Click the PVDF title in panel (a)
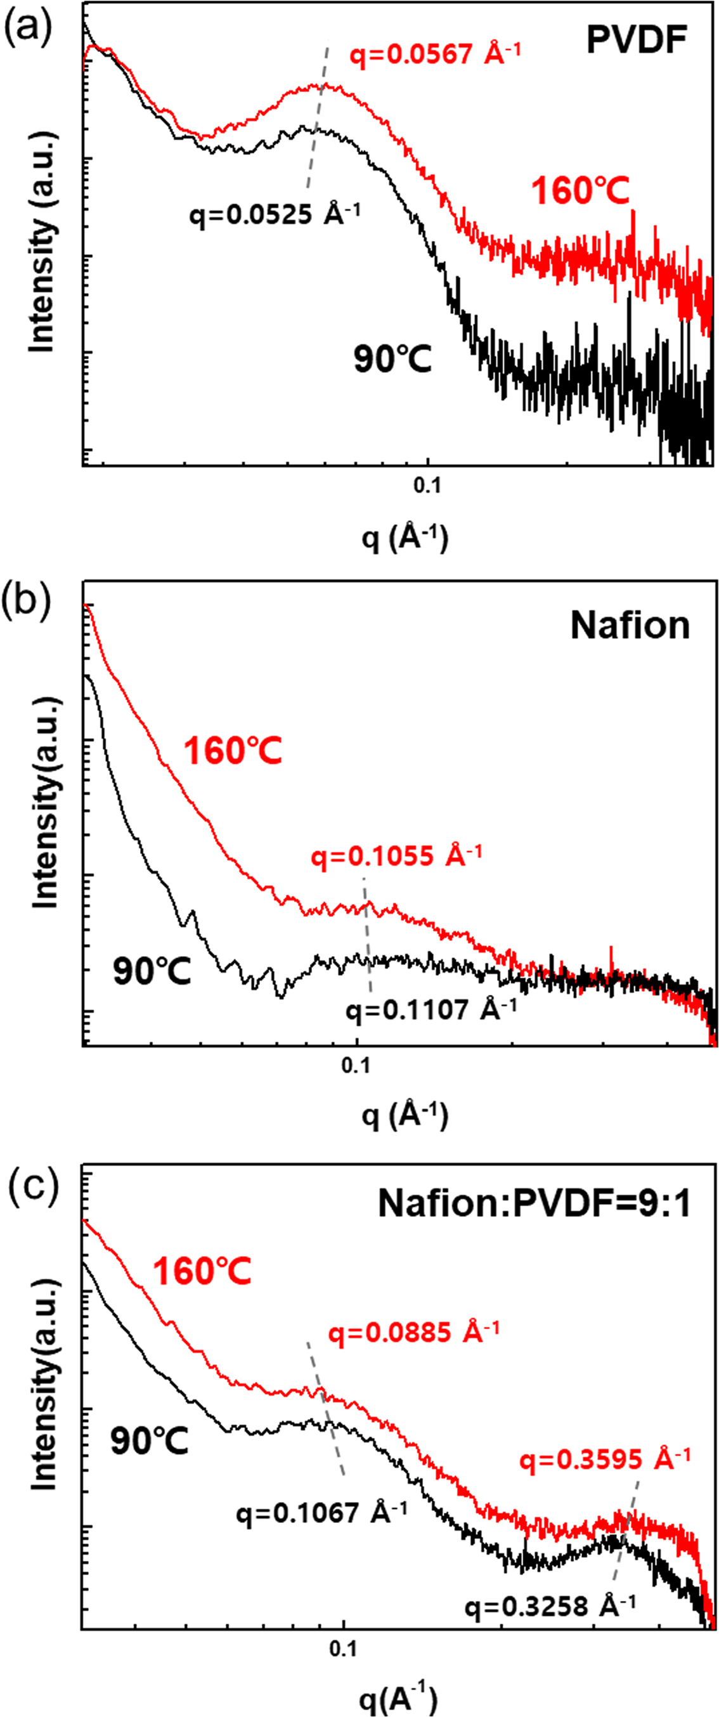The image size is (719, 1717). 636,39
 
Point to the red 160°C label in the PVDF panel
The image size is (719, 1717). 580,191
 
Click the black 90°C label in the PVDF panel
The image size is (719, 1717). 392,360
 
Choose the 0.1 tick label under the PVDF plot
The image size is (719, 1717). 427,485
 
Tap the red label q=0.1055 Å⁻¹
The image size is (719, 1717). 396,856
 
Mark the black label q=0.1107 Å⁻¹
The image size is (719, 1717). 431,1010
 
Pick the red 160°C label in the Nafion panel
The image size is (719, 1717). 233,751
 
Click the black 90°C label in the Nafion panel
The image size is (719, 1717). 152,971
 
